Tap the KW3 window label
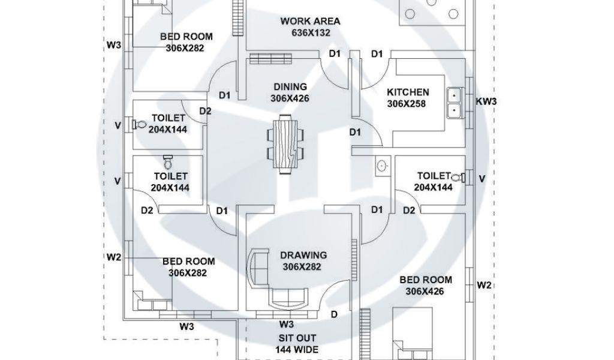tap(486, 101)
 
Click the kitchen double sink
tap(454, 102)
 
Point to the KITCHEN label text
tap(408, 92)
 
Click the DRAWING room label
tap(304, 255)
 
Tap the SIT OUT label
tap(297, 338)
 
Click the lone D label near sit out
tap(334, 314)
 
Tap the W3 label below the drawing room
tap(285, 325)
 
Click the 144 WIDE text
tap(297, 349)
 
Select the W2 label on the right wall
tap(484, 285)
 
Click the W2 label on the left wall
tap(114, 257)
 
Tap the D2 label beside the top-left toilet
tap(205, 111)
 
